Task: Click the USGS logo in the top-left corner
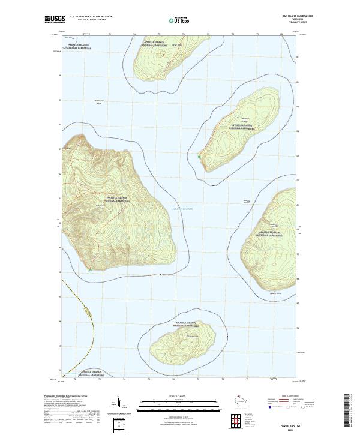click(x=55, y=19)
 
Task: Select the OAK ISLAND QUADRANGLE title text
click(x=292, y=16)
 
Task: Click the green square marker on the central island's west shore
click(x=199, y=157)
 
